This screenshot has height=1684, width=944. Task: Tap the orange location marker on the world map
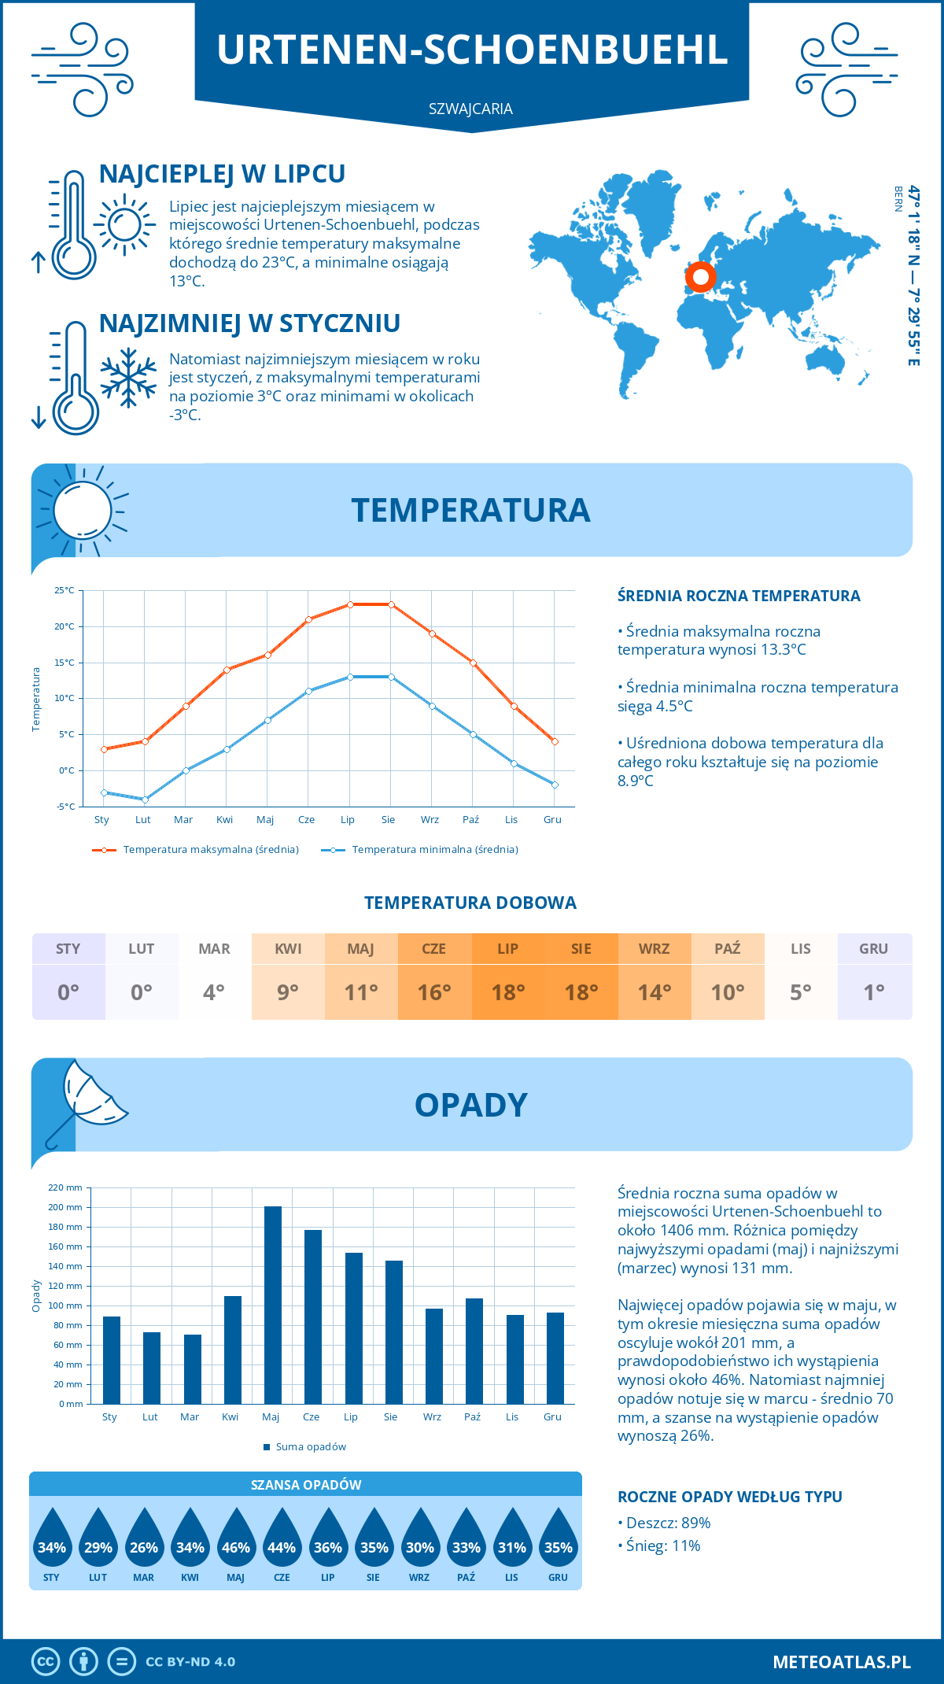pyautogui.click(x=699, y=277)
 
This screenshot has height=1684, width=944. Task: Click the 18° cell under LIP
pyautogui.click(x=507, y=992)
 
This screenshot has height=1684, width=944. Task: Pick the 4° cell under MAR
pyautogui.click(x=214, y=992)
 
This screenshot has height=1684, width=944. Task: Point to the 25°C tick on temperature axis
pyautogui.click(x=65, y=590)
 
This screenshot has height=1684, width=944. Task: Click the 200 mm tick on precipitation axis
pyautogui.click(x=65, y=1207)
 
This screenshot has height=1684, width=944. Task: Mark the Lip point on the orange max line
pyautogui.click(x=350, y=604)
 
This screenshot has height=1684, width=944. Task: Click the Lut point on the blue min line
pyautogui.click(x=145, y=800)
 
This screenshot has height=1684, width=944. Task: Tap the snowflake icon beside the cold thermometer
pyautogui.click(x=128, y=378)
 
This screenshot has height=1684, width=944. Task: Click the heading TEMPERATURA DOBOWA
pyautogui.click(x=470, y=903)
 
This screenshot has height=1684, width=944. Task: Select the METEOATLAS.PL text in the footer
pyautogui.click(x=841, y=1661)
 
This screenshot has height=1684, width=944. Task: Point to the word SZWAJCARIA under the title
pyautogui.click(x=470, y=109)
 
